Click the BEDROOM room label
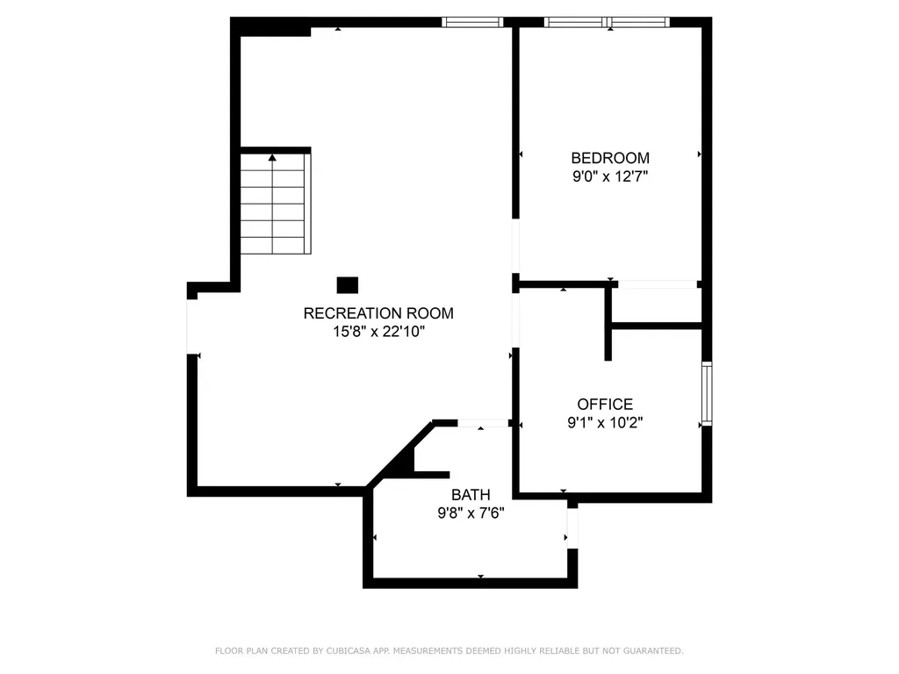pos(610,158)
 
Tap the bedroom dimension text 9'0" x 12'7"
pos(610,176)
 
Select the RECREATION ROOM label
pos(378,313)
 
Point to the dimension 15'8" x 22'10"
pos(378,332)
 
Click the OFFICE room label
pos(605,405)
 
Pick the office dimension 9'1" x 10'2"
pos(605,422)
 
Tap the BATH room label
pos(471,495)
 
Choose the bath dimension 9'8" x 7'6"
pos(471,513)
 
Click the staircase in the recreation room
pos(273,204)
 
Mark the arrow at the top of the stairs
pos(273,158)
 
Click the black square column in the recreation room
pos(348,284)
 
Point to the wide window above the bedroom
pos(607,22)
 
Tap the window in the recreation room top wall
pos(471,22)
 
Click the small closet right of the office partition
pos(657,305)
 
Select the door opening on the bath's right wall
pos(572,527)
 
